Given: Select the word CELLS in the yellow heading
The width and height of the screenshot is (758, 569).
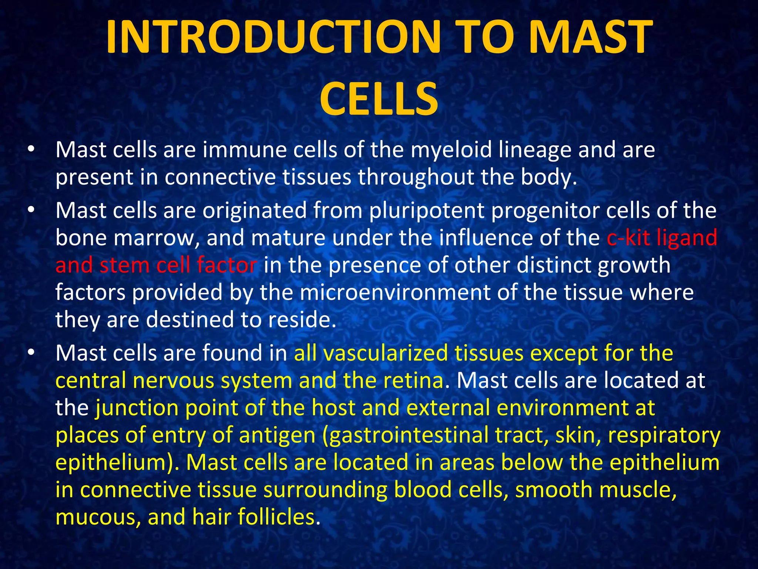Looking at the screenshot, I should click(379, 99).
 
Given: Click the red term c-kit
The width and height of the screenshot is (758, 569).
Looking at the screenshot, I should click(628, 237).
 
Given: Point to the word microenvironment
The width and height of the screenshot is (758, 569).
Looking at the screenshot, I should click(395, 292).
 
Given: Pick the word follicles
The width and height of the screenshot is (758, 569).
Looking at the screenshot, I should click(279, 517).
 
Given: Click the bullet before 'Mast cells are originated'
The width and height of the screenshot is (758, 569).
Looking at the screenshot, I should click(31, 210).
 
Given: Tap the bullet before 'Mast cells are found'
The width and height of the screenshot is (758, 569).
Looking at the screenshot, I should click(31, 353).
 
